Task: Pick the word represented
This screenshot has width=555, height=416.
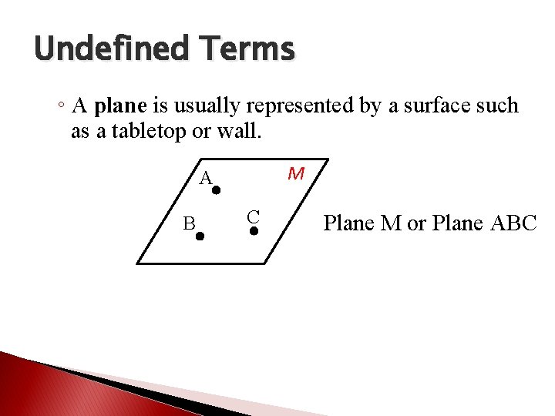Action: click(x=301, y=106)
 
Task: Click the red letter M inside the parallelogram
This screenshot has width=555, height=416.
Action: click(x=295, y=174)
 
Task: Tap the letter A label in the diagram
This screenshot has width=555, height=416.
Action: click(x=205, y=179)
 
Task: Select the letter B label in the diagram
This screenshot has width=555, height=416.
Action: click(x=189, y=224)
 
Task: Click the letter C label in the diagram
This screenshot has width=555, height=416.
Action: click(x=253, y=216)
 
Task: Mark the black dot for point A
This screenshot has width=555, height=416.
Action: click(x=217, y=190)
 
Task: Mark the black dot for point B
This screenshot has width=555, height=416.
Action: click(x=200, y=237)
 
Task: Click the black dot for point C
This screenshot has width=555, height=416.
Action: click(x=254, y=230)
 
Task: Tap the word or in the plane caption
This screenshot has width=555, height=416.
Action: click(x=416, y=223)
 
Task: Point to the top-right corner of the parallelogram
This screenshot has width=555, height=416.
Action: click(x=328, y=160)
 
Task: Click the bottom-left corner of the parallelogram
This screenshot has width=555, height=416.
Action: click(x=137, y=263)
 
